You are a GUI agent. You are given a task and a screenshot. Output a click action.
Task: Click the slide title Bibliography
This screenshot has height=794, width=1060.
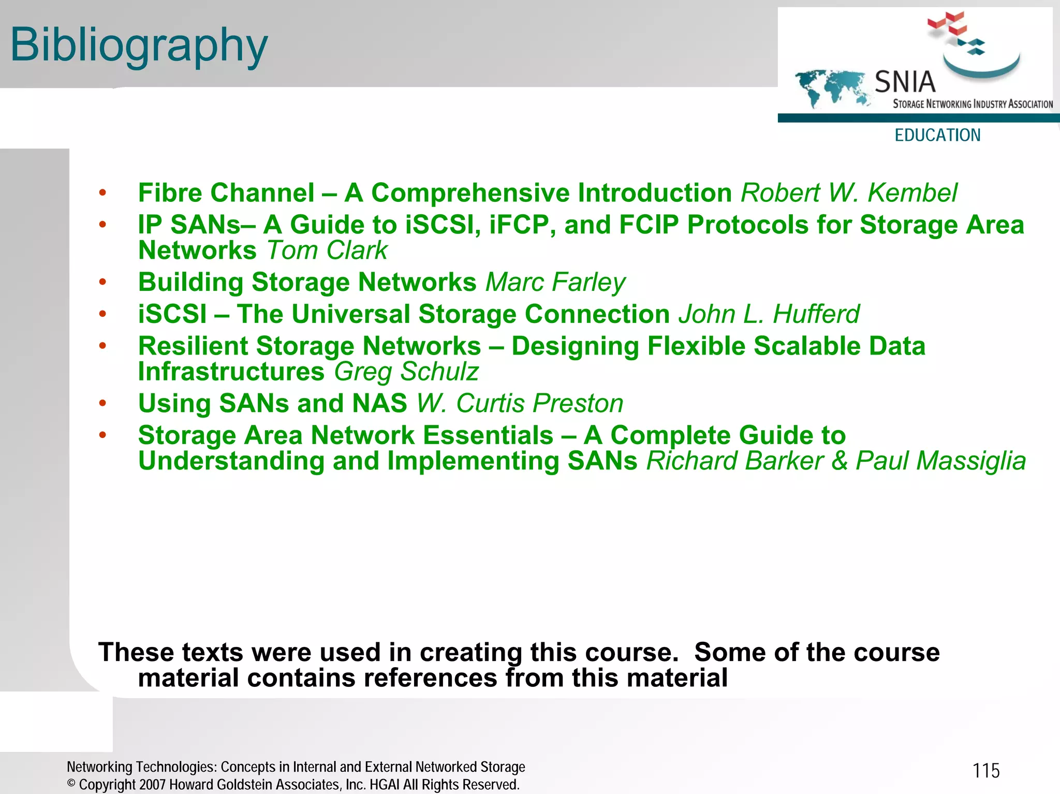point(139,46)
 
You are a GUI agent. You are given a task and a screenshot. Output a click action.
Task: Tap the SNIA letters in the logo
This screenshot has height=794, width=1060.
point(905,82)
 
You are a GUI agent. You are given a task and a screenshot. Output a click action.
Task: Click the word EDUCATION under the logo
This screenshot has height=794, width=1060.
point(937,135)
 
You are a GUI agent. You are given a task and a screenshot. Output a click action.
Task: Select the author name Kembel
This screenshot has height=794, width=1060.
point(912,193)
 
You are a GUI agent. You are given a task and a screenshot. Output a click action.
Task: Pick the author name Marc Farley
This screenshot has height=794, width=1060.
point(555,283)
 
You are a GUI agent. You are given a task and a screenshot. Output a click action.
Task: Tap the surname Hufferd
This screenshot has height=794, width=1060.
point(816,314)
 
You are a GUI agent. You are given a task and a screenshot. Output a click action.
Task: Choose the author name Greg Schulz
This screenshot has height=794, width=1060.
point(406,372)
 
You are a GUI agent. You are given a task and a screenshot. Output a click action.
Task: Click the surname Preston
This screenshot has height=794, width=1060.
point(578,404)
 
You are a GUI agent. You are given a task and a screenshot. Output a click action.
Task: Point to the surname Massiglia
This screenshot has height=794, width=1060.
point(940,461)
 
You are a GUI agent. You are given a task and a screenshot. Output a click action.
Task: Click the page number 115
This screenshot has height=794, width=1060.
point(986,771)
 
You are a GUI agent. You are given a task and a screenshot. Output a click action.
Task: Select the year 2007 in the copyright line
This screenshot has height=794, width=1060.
point(152,785)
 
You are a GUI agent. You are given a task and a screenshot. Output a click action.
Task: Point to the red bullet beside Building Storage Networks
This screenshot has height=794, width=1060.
point(102,282)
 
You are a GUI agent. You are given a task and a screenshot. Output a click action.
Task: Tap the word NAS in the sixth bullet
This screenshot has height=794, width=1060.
point(379,404)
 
